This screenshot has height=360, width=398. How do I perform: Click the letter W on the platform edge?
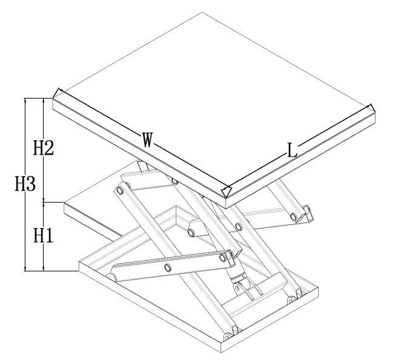pos(147,140)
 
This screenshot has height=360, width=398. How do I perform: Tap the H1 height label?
pos(44,235)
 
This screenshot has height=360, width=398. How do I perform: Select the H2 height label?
pos(44,148)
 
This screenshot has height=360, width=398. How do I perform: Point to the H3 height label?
pos(25,184)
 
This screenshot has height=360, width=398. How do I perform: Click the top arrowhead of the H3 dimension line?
pos(25,100)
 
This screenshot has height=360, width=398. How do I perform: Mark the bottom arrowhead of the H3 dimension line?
pos(25,268)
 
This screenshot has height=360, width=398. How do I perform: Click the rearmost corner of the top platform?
pos(202,12)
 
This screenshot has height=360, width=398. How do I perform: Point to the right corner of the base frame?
pos(318,288)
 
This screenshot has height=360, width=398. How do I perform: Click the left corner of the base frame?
pos(79,262)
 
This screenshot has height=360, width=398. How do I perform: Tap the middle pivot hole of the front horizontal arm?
pos(168,267)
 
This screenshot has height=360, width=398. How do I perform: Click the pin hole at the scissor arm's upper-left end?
pos(120,191)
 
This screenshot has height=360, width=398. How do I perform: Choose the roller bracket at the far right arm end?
pos(307,214)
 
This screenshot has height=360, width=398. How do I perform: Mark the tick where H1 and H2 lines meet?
pos(44,202)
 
